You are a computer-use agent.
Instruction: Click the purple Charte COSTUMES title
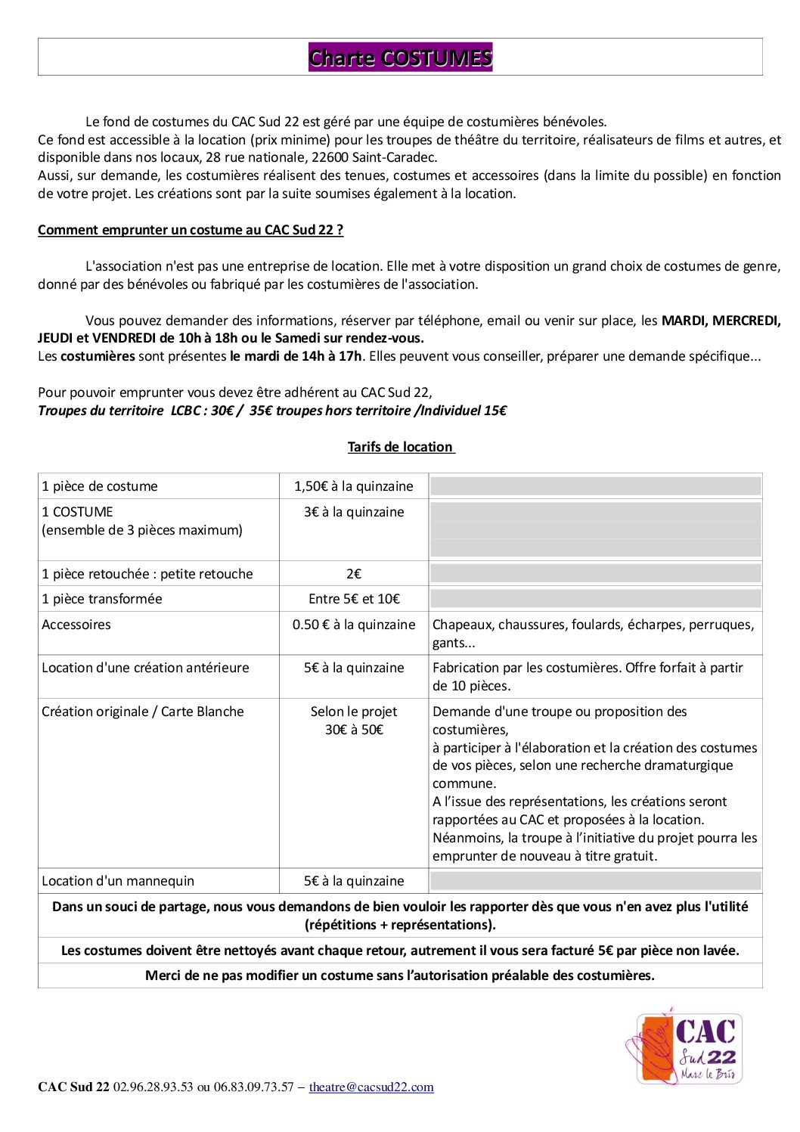point(400,57)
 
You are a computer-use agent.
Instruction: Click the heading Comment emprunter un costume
point(191,230)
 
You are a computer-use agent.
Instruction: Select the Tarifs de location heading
point(401,447)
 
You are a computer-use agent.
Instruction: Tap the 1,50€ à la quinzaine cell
point(354,486)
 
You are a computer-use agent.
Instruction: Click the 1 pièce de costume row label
point(100,486)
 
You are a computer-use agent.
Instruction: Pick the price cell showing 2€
point(354,574)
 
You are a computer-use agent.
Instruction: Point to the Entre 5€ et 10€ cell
point(354,599)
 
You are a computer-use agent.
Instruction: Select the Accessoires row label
point(76,625)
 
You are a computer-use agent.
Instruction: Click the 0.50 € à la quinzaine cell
point(354,625)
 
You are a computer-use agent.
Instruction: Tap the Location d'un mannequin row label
point(118,881)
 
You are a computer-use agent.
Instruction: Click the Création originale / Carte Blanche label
point(143,712)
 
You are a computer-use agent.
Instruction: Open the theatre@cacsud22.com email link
point(371,1087)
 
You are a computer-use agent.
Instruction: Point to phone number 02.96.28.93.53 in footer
point(153,1087)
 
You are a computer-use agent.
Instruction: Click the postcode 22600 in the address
point(330,157)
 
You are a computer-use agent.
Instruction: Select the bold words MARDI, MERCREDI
point(721,321)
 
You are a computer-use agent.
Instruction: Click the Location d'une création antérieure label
point(145,668)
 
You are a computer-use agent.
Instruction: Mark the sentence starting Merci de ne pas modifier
point(400,975)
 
